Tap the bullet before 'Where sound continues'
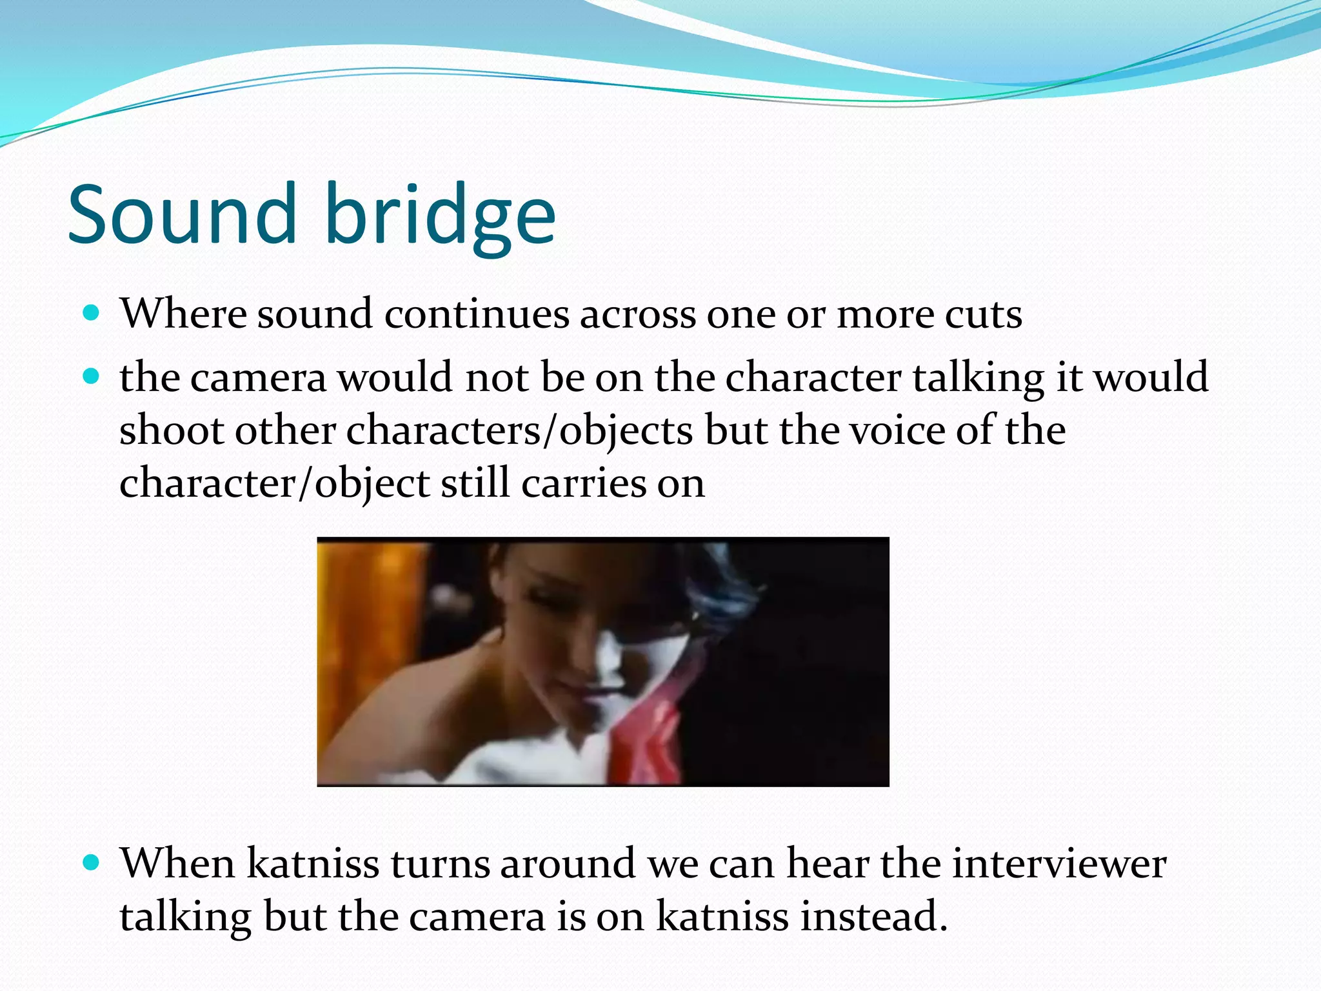[92, 314]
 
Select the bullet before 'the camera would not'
[92, 377]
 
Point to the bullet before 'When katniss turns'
[92, 863]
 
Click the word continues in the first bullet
[477, 314]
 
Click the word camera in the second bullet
[258, 378]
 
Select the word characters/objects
[519, 431]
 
